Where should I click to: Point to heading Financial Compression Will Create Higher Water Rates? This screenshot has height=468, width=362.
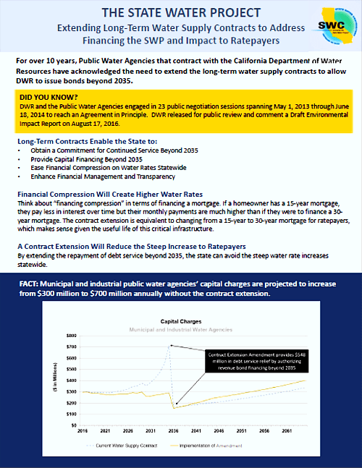tap(109, 195)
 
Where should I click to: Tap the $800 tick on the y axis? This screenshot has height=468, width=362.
tap(70, 336)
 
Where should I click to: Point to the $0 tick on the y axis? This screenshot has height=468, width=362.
tap(73, 425)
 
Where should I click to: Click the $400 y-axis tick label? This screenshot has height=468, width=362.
tap(70, 380)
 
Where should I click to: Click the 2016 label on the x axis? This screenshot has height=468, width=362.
tap(84, 432)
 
